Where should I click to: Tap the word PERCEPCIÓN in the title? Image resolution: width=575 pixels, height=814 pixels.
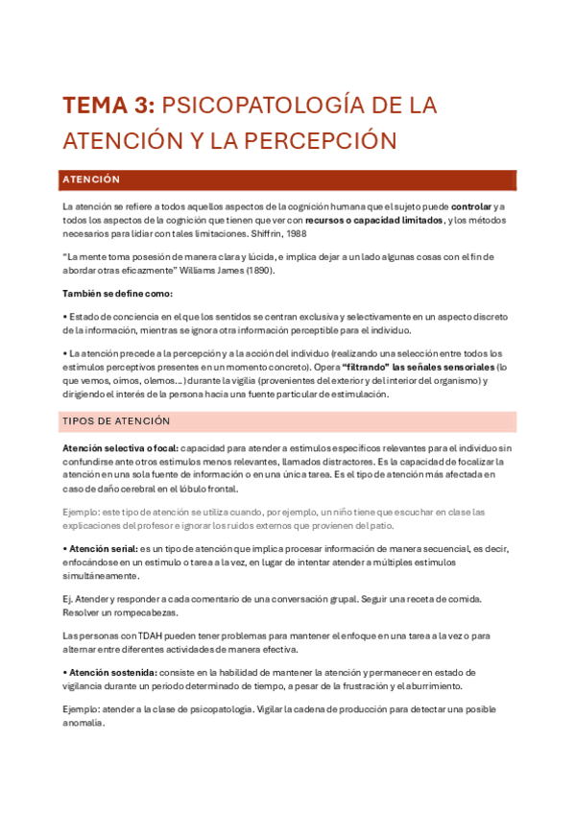pos(324,140)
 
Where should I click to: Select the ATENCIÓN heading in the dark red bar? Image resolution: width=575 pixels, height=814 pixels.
pos(91,180)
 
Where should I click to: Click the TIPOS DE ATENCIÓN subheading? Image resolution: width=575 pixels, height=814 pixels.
pos(116,420)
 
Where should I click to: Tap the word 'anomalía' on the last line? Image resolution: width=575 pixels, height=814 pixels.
pos(83,723)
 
